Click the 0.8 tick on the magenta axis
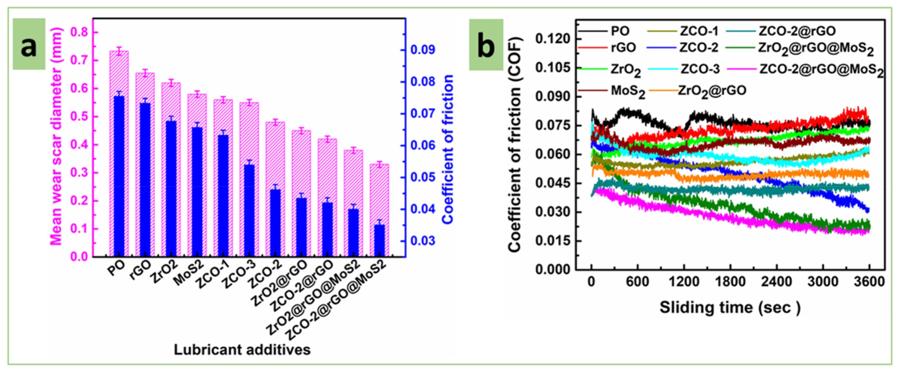[80, 32]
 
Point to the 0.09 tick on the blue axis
[422, 50]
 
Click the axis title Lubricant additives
[242, 350]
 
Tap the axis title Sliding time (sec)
[730, 308]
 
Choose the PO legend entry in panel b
[620, 31]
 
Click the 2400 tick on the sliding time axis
[776, 281]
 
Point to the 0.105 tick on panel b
[553, 67]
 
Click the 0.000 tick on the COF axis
[553, 269]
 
